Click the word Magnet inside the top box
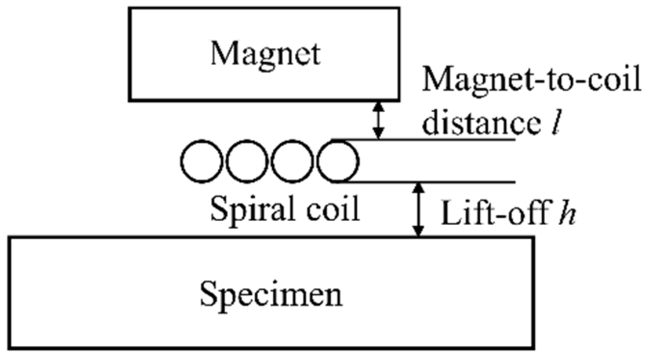[x=265, y=54]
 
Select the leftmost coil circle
[x=201, y=161]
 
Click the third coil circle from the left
[x=292, y=161]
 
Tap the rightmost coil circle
[x=337, y=161]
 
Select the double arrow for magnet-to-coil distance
[x=379, y=120]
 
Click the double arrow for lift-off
[x=420, y=209]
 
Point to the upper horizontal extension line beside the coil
[x=433, y=140]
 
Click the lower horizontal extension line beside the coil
[x=433, y=182]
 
